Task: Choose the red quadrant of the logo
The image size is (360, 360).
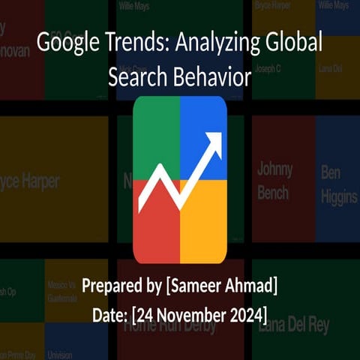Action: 154,225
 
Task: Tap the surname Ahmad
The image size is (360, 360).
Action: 253,286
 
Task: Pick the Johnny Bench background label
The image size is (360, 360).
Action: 274,181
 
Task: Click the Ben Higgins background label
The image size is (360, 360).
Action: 339,185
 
